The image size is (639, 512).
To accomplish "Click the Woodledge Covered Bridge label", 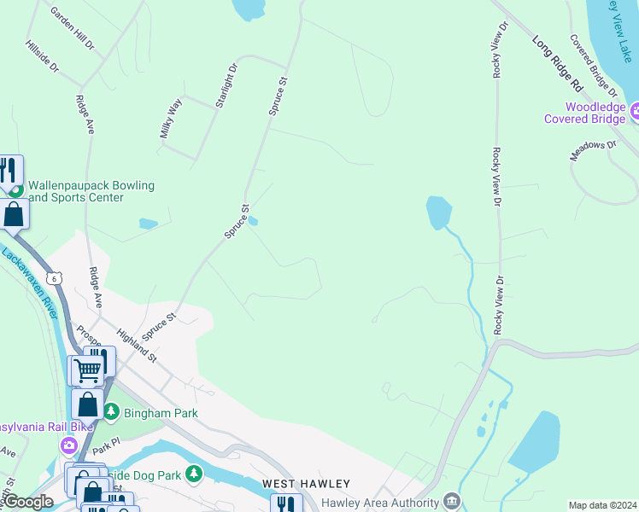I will pos(583,113).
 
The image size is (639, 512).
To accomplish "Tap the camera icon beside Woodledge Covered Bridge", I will pos(635,111).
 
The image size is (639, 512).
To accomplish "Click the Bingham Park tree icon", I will pos(110,412).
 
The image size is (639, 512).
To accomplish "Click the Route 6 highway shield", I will pos(56,279).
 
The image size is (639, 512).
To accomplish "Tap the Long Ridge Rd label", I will pos(557,63).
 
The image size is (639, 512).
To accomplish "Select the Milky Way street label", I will pos(171,119).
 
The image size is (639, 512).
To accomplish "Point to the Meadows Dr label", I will pos(593,151).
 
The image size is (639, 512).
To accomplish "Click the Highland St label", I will pos(137,346).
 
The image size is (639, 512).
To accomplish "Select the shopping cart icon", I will pos(87,370).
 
